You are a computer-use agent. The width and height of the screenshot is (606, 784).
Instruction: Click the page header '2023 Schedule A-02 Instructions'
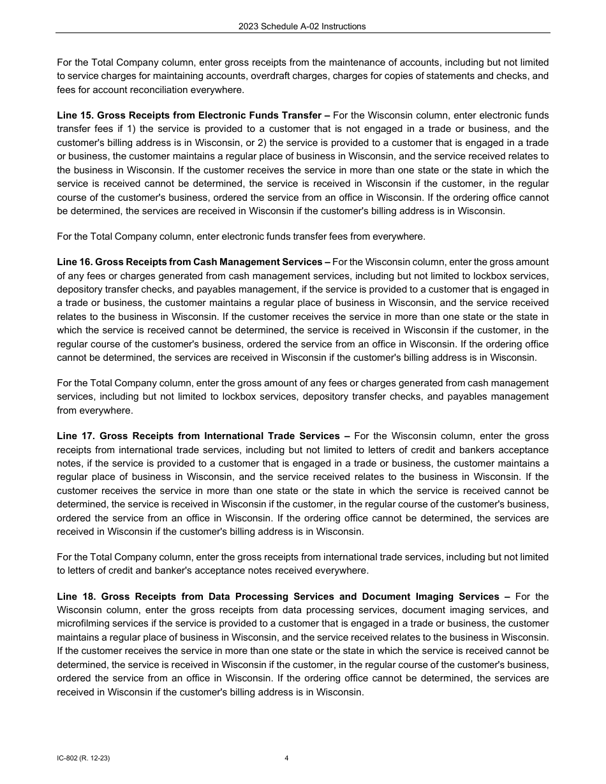[302, 26]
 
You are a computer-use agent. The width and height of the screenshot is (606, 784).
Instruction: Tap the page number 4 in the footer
[286, 759]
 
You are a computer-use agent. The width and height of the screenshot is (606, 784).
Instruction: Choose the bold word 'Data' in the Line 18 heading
[220, 597]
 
